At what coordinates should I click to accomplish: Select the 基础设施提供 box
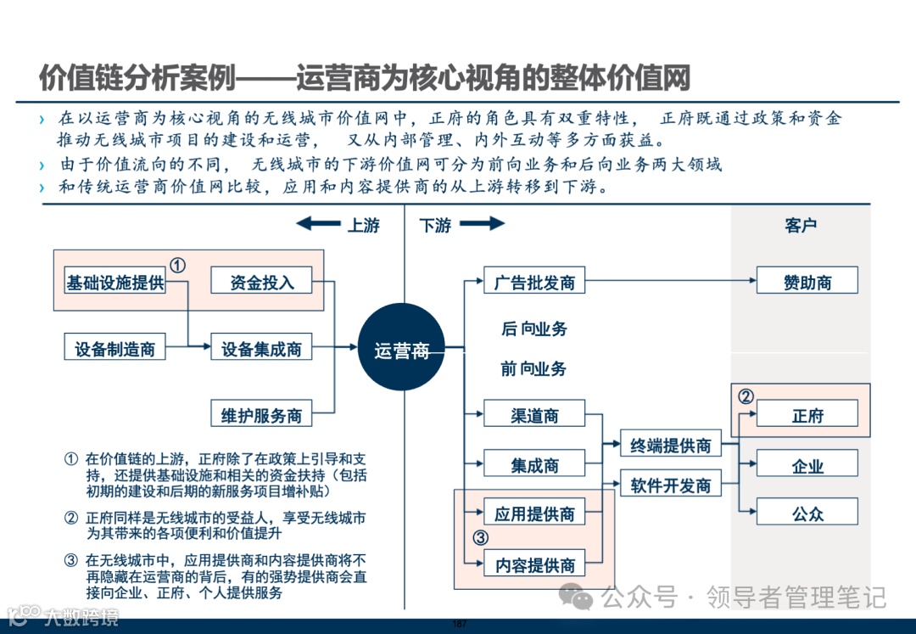click(x=115, y=281)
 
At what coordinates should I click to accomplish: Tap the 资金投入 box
click(x=261, y=281)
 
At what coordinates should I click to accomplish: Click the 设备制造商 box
click(x=115, y=347)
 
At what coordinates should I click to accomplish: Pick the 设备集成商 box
click(x=261, y=347)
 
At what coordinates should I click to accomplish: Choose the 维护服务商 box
click(x=261, y=414)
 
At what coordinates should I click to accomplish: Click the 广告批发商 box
click(x=534, y=281)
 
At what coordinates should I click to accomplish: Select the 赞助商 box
click(x=807, y=281)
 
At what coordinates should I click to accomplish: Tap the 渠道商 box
click(x=534, y=414)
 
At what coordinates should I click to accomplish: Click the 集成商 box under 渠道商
click(x=534, y=464)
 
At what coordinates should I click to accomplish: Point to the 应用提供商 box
click(x=534, y=513)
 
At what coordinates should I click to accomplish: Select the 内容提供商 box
click(x=534, y=564)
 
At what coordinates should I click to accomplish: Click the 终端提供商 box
click(x=670, y=445)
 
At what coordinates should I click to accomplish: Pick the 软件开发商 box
click(x=670, y=485)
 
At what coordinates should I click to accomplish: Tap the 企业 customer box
click(x=807, y=464)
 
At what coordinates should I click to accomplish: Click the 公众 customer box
click(x=807, y=513)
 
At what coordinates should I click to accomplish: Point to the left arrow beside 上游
click(x=317, y=224)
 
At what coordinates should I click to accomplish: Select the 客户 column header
click(x=800, y=225)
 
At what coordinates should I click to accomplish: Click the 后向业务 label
click(x=534, y=328)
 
